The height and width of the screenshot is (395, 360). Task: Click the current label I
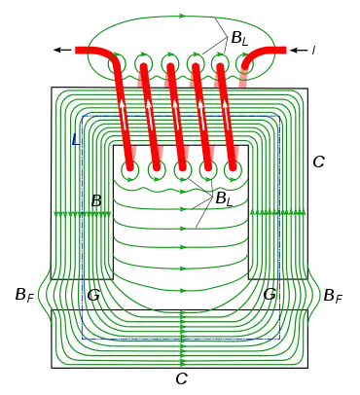[x=313, y=51]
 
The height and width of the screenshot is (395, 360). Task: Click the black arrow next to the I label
[x=299, y=50]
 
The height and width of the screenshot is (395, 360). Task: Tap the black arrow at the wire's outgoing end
[x=62, y=50]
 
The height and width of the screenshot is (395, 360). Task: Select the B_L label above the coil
[x=239, y=39]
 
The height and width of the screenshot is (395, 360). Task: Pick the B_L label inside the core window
[x=224, y=198]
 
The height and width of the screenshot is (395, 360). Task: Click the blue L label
[x=75, y=139]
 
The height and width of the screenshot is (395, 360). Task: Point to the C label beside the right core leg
[x=318, y=162]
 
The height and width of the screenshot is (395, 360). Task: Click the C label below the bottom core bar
[x=182, y=378]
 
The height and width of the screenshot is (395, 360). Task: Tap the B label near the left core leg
[x=96, y=201]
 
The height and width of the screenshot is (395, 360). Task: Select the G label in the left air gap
[x=93, y=295]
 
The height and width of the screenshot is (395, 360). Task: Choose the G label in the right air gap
[x=270, y=294]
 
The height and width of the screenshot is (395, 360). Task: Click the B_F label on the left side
[x=24, y=296]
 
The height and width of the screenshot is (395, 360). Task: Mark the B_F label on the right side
[x=333, y=296]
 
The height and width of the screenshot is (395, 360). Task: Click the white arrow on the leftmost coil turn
[x=123, y=110]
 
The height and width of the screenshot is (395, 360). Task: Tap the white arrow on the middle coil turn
[x=175, y=110]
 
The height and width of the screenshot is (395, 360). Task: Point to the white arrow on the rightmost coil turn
[x=226, y=110]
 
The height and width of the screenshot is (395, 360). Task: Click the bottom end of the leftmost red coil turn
[x=130, y=167]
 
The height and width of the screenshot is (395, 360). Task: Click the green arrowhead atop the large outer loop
[x=182, y=16]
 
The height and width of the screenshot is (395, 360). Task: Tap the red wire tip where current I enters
[x=286, y=51]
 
